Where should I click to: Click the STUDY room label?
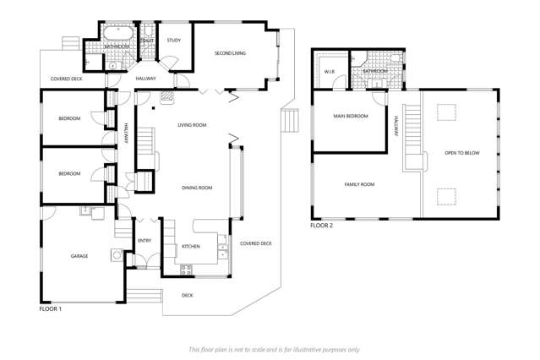[173, 40]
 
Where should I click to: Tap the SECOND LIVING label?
[229, 53]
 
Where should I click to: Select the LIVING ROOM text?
[192, 125]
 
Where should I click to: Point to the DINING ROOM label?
[197, 188]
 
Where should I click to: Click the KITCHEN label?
[191, 247]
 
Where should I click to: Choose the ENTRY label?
[145, 241]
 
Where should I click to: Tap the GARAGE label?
[79, 255]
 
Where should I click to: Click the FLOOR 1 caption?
[51, 309]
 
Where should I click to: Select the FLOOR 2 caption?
[321, 226]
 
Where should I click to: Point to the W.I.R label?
[330, 72]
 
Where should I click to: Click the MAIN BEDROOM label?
[350, 116]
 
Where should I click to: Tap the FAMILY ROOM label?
[358, 184]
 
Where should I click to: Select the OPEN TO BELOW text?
[461, 153]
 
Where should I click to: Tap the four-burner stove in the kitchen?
[187, 270]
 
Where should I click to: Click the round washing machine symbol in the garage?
[117, 254]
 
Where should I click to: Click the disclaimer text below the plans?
[274, 348]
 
